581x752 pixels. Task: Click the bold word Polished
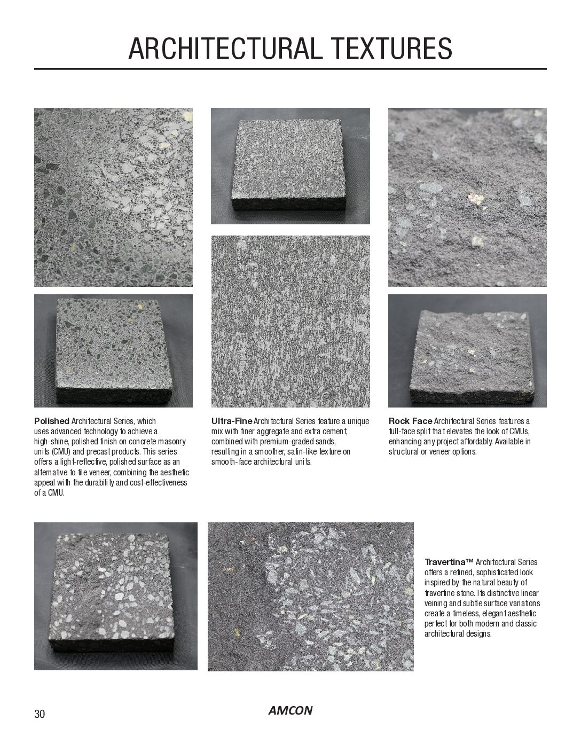pos(52,421)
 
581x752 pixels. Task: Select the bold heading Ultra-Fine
pos(232,421)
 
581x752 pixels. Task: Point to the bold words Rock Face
pos(410,421)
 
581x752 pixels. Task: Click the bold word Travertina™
pos(449,562)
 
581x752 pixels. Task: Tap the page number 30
pos(40,714)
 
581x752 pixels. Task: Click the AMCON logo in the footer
pos(290,710)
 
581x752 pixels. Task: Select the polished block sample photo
pos(113,351)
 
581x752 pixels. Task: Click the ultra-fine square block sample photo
pos(290,166)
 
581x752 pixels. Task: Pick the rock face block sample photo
pos(467,351)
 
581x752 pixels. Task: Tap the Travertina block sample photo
pos(115,596)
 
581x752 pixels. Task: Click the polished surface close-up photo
pos(113,197)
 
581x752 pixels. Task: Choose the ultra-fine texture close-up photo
pos(290,321)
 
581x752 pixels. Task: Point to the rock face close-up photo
pos(467,197)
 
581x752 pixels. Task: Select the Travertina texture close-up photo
pos(310,596)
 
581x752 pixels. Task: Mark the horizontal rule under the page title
pos(290,69)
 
